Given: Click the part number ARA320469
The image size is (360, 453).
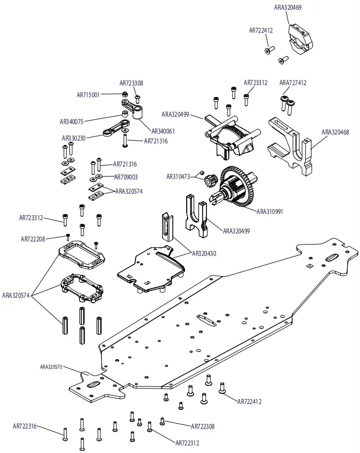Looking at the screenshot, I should [x=287, y=8].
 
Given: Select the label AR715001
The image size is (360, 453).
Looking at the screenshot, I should [x=88, y=95].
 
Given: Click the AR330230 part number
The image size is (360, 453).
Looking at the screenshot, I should [x=74, y=138].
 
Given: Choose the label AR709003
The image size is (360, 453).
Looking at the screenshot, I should [x=126, y=177].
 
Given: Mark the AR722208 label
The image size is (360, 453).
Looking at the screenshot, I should [x=33, y=239].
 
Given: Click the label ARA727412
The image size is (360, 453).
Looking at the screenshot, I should [x=293, y=83].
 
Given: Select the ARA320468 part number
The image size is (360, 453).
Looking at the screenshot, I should [x=335, y=132].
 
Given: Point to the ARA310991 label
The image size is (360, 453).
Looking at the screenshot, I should [x=270, y=212].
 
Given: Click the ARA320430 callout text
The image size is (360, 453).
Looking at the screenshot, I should [x=204, y=254].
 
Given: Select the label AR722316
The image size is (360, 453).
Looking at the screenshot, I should [x=25, y=426].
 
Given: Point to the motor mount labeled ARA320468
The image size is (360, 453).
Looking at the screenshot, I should [x=293, y=144].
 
